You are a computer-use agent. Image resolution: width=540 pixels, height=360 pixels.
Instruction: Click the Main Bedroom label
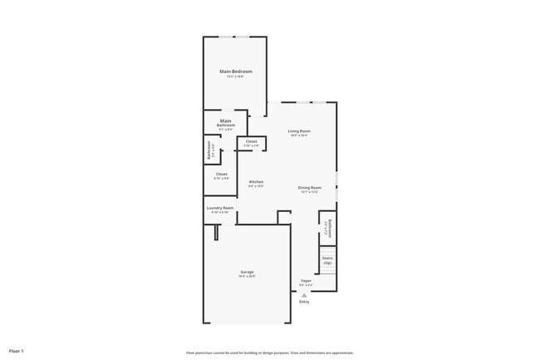point(236,72)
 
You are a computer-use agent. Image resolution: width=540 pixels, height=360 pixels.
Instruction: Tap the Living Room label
point(299,131)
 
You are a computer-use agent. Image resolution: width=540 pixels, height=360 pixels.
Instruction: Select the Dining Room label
point(309,187)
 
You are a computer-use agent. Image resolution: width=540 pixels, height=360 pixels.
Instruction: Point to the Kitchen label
point(257,182)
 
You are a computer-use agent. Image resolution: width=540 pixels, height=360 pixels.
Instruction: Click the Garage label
point(248,272)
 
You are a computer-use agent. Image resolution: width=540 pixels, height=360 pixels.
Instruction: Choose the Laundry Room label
point(220,208)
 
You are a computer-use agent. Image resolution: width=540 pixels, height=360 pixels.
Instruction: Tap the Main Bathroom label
point(226,123)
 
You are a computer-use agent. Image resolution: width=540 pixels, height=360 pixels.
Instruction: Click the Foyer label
point(306,281)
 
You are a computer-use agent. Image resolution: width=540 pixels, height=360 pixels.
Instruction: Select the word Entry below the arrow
point(304,301)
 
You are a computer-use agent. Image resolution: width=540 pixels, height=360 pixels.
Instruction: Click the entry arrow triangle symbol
point(304,294)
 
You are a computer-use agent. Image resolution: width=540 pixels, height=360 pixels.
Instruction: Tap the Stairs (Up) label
point(327,260)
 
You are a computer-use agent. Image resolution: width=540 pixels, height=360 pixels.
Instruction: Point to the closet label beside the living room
point(251,141)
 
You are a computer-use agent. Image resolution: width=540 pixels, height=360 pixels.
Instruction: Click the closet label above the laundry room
point(221,174)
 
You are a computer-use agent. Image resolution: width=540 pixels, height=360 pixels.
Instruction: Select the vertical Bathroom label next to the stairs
point(330,228)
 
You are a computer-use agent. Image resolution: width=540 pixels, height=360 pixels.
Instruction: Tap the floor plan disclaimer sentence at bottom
point(270,353)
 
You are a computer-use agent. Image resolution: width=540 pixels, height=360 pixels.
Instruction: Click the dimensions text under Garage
point(248,276)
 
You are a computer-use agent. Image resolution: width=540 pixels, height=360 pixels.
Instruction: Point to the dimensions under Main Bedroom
point(236,76)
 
